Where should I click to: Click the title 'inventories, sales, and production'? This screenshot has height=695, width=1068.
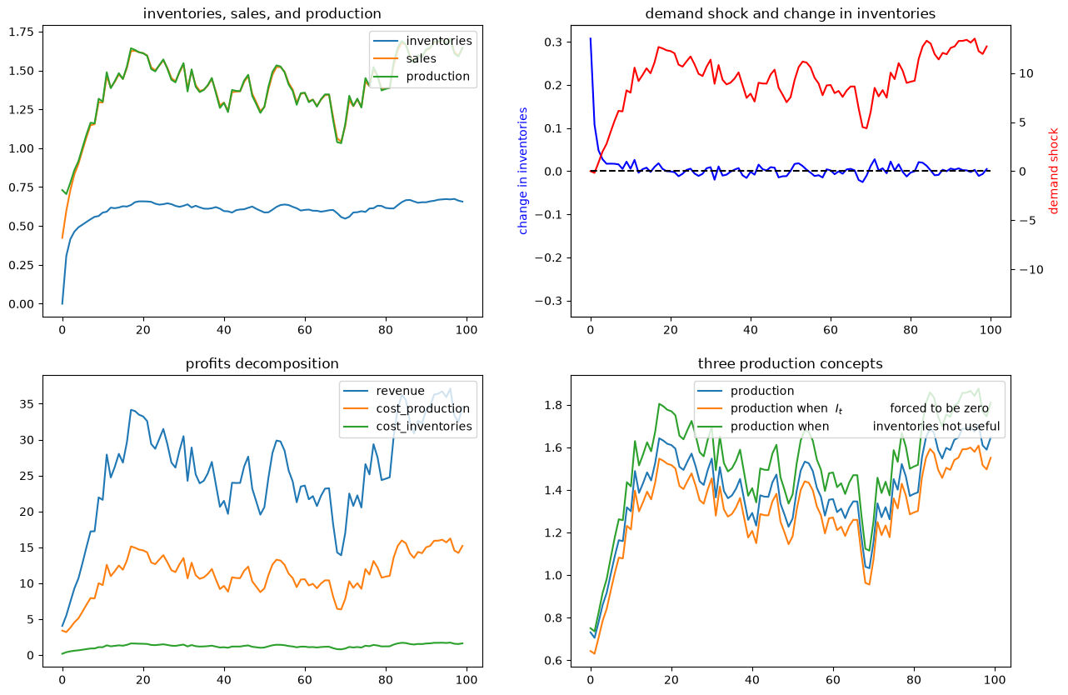click(262, 14)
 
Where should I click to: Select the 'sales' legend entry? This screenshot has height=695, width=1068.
click(421, 58)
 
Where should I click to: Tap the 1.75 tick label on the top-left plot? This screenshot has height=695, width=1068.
click(22, 32)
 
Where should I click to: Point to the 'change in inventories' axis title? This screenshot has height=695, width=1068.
click(523, 171)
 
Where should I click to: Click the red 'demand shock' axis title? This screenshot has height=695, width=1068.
click(1054, 171)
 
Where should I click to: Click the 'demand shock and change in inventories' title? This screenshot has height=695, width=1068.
click(790, 14)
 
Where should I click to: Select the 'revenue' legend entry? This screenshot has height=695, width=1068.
click(400, 391)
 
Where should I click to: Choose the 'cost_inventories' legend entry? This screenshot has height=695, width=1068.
click(424, 427)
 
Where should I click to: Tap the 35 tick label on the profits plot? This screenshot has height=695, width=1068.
click(27, 404)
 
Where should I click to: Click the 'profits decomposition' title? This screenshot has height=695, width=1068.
click(262, 364)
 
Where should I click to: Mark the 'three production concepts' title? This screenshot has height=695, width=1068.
click(790, 364)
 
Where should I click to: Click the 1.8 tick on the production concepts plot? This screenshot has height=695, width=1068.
click(553, 406)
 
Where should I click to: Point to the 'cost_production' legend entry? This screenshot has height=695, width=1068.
click(423, 409)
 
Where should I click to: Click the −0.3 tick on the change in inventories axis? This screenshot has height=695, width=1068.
click(549, 301)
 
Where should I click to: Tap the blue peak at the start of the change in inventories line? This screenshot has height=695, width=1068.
click(591, 38)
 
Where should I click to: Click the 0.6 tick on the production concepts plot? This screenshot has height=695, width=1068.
click(553, 661)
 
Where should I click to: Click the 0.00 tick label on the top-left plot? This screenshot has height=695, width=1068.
click(22, 304)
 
